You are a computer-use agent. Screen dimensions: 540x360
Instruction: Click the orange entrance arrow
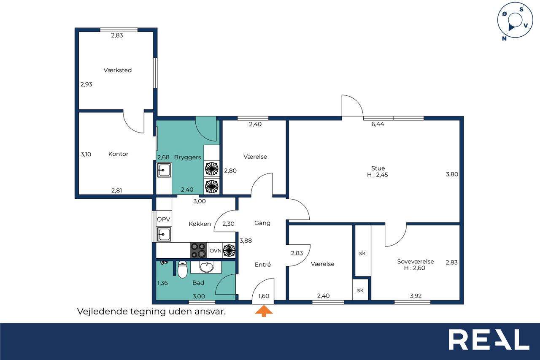[x=264, y=311]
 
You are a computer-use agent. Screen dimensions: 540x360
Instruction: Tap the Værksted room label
[x=118, y=70]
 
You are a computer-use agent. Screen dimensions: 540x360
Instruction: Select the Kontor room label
[x=118, y=154]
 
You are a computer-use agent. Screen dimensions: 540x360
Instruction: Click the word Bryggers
[x=188, y=157]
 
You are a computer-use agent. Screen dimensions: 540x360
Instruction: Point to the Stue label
[x=378, y=168]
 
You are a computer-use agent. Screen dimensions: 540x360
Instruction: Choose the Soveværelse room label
[x=416, y=261]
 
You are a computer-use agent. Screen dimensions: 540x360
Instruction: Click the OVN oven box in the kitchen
[x=215, y=251]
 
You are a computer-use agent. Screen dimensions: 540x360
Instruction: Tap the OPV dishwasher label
[x=163, y=219]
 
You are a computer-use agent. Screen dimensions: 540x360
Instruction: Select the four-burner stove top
[x=198, y=250]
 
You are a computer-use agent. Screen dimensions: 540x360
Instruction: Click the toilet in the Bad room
[x=183, y=270]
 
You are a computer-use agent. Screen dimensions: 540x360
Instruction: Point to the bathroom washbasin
[x=206, y=267]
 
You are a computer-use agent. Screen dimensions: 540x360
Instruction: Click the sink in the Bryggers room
[x=164, y=170]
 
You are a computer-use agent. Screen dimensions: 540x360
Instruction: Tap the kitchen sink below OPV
[x=164, y=234]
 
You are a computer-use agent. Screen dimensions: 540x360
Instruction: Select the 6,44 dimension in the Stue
[x=378, y=124]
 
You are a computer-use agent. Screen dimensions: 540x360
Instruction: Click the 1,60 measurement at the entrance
[x=264, y=296]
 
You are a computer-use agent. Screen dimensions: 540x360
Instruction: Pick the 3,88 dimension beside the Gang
[x=246, y=241]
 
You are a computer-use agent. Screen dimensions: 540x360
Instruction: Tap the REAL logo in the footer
[x=489, y=339]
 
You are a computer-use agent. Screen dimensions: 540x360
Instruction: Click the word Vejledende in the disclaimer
[x=103, y=311]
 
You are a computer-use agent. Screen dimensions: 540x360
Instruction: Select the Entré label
[x=263, y=265]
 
